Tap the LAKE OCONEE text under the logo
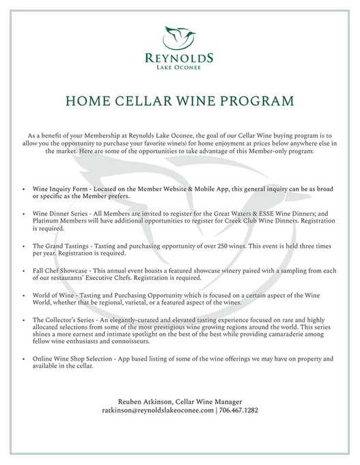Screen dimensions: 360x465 [180, 68]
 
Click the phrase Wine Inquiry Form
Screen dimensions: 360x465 [60, 187]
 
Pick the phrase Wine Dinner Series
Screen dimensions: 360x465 [61, 213]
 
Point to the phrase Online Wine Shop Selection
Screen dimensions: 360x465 [74, 358]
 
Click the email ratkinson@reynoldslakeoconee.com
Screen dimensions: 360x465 [157, 410]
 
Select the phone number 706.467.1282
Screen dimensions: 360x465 [238, 410]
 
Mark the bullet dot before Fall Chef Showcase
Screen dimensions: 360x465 [25, 270]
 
